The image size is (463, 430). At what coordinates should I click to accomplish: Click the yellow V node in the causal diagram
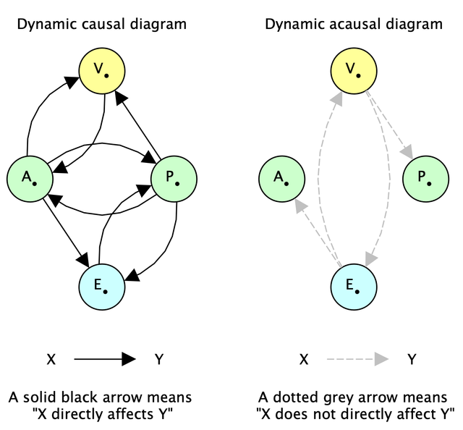pos(102,71)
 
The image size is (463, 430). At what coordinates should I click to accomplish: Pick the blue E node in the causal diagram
pos(102,285)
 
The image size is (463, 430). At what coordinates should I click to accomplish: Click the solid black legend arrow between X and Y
pos(104,358)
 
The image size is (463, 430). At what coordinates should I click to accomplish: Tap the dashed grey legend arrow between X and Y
pos(356,358)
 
